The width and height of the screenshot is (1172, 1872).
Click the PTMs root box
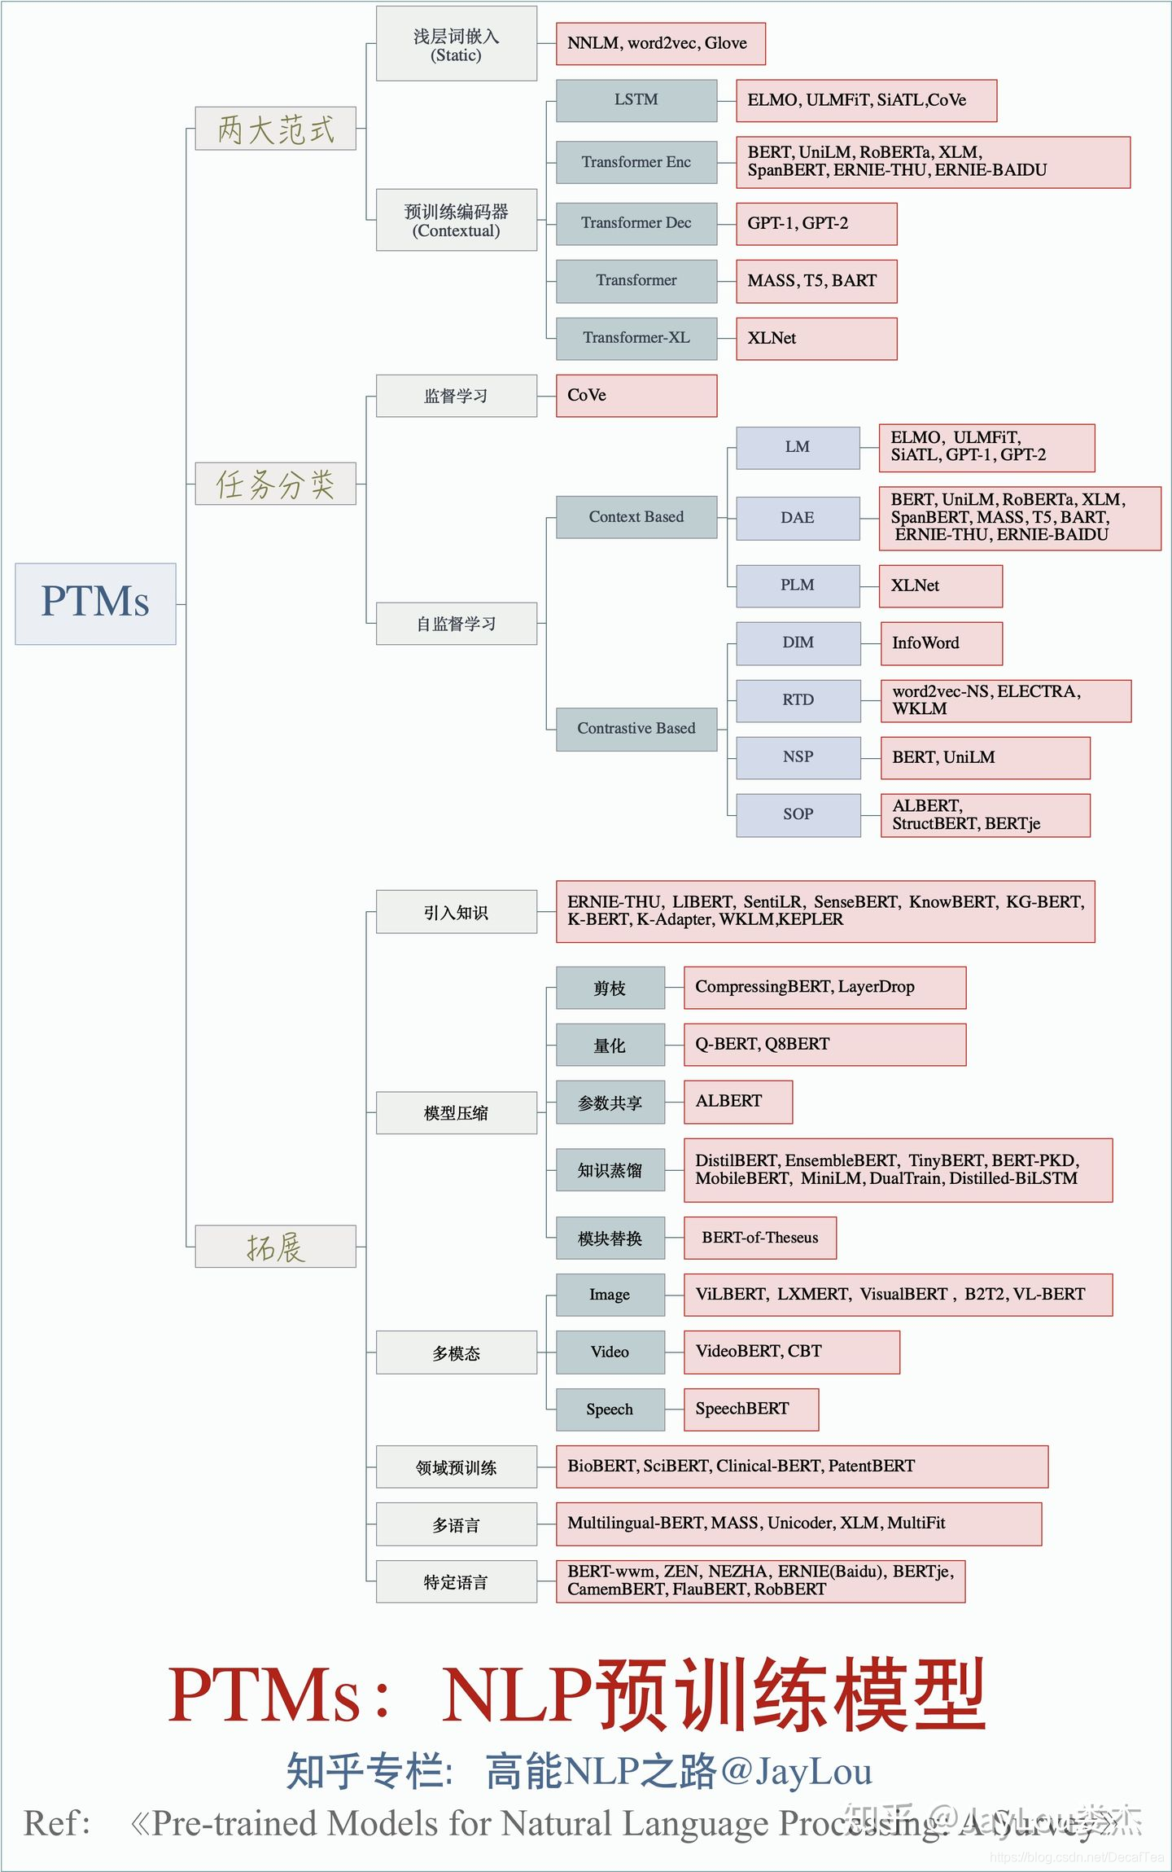[95, 603]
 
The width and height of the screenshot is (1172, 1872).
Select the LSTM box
[636, 100]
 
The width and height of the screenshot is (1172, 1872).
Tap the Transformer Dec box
[636, 223]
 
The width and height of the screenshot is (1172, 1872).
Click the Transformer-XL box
[636, 338]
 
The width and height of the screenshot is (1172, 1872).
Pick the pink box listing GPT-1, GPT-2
[816, 223]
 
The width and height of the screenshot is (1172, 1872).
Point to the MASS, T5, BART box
[816, 281]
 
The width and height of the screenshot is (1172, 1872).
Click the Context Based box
[636, 517]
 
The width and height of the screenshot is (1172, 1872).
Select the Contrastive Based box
[636, 729]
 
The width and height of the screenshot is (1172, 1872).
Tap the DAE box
[798, 518]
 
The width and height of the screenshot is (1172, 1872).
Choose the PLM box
[798, 585]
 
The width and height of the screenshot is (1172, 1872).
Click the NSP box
[798, 757]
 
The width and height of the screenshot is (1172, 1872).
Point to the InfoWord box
[942, 643]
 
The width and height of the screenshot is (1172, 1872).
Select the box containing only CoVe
[636, 396]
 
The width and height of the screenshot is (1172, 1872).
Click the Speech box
[610, 1409]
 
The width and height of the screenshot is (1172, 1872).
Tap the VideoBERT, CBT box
[792, 1352]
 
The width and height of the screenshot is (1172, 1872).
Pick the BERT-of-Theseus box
[760, 1238]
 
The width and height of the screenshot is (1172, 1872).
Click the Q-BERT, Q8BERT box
[824, 1044]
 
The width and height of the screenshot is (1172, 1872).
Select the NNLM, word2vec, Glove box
[660, 43]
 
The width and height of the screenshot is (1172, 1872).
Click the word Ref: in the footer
[57, 1823]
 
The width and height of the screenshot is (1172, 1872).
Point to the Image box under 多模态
[610, 1295]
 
